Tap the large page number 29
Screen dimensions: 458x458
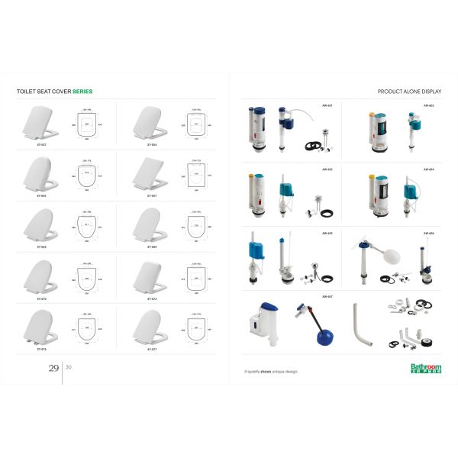click(53, 368)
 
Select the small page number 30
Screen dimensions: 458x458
click(69, 367)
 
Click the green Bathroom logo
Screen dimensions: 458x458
click(426, 368)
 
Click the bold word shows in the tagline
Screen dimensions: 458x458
click(268, 372)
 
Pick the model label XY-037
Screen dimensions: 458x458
click(42, 143)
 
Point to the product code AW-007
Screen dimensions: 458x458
click(327, 296)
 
